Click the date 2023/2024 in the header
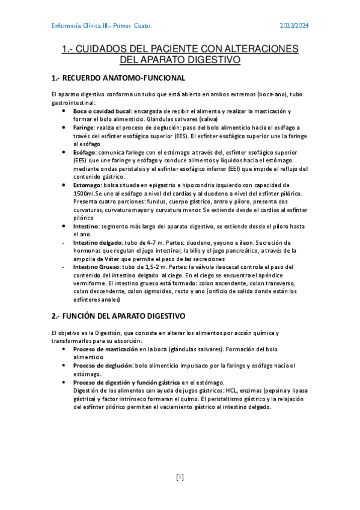click(294, 26)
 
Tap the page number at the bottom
click(180, 478)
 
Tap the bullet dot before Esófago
click(64, 153)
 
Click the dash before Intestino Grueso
click(64, 266)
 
